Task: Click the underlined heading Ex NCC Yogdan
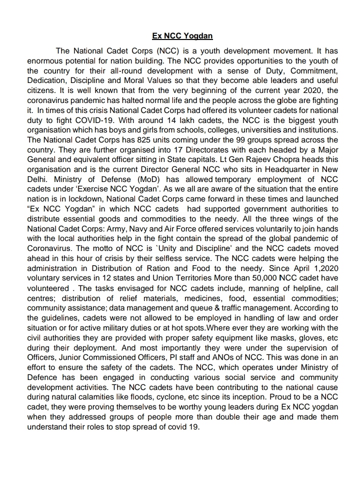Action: tap(182, 36)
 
